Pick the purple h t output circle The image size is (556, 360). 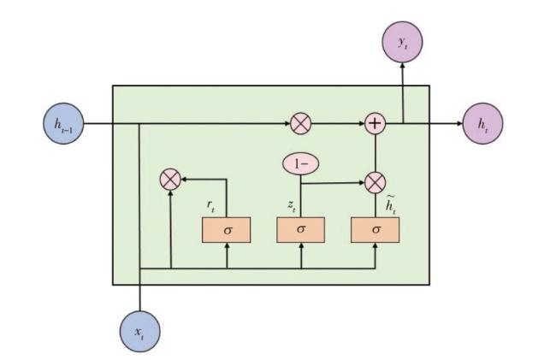coord(482,124)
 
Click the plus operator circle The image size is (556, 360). coord(375,124)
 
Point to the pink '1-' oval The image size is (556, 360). coord(301,163)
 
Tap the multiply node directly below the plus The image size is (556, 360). coord(375,182)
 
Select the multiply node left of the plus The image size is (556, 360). coord(300,124)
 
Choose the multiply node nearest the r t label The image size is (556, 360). coord(171,180)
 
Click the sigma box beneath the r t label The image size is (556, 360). coord(227,229)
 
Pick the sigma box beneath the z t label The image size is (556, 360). coord(301,229)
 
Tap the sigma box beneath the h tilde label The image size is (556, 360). coord(376,229)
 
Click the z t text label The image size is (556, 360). coord(291,205)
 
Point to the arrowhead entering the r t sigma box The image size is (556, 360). coord(227,246)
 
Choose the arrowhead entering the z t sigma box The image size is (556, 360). coord(301,246)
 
